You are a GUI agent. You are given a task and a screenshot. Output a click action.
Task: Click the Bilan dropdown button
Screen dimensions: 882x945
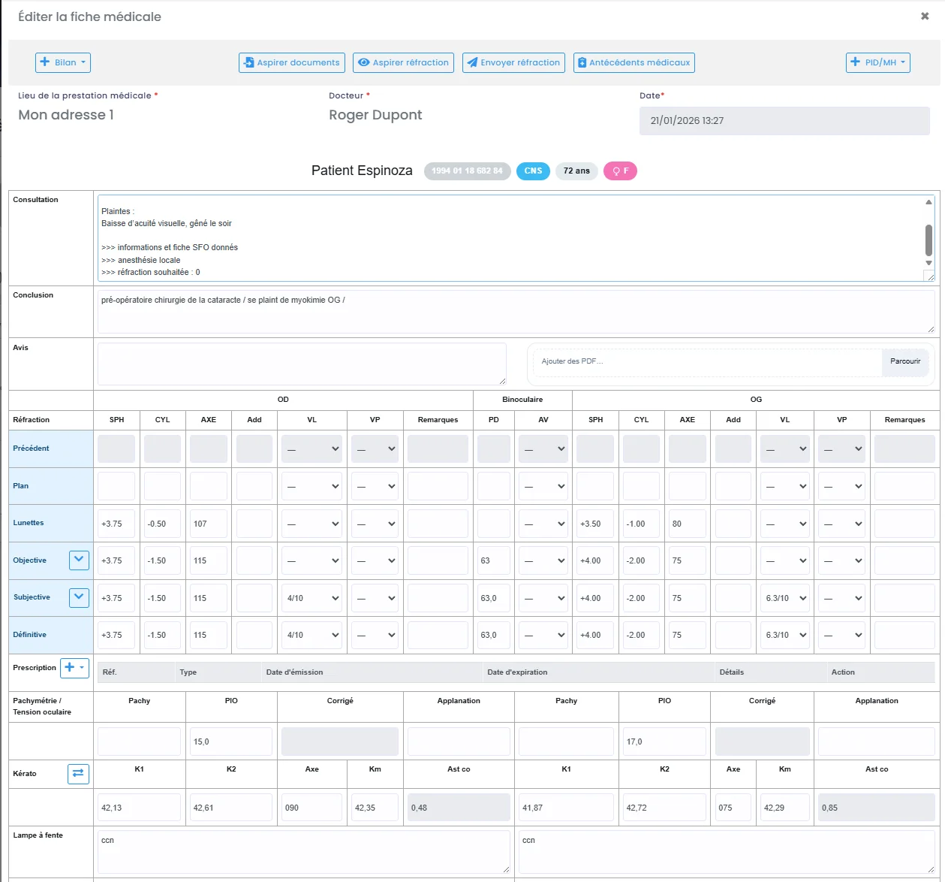tap(63, 62)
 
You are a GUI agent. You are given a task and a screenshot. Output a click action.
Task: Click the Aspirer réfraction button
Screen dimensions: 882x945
tap(404, 62)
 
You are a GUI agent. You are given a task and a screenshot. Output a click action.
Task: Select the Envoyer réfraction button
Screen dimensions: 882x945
tap(513, 62)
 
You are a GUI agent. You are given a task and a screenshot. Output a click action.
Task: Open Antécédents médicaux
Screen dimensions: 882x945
tap(634, 62)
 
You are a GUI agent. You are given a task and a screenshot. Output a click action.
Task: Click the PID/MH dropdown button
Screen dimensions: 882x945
tap(877, 62)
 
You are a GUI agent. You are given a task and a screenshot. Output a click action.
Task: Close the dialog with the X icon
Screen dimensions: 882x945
tap(925, 16)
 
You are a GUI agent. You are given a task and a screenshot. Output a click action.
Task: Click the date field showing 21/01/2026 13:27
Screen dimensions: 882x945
tap(784, 121)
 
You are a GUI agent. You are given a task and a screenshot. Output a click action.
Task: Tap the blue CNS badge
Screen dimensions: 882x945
tap(533, 171)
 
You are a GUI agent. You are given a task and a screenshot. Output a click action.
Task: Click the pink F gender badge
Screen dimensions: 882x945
tap(620, 171)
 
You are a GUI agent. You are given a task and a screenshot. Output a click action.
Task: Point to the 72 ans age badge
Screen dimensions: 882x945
tap(576, 171)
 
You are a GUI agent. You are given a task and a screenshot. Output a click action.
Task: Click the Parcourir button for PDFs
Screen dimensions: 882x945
tap(905, 361)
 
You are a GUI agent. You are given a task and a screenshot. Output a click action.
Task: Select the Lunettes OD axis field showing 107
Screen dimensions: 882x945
tap(208, 524)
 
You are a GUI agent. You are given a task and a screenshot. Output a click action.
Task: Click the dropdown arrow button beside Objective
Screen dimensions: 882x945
tap(79, 560)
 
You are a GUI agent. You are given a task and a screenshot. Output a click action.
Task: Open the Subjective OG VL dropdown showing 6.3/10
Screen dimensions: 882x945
tap(784, 598)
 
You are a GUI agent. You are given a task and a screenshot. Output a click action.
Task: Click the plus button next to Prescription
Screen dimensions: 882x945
tap(74, 667)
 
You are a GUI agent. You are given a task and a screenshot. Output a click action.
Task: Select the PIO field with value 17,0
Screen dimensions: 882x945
tap(664, 742)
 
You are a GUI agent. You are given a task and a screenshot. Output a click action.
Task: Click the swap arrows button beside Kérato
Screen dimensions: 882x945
tap(78, 774)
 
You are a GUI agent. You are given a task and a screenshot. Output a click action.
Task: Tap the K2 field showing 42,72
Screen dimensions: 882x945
tap(664, 808)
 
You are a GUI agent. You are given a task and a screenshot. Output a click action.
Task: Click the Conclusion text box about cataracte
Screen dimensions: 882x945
tap(515, 311)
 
